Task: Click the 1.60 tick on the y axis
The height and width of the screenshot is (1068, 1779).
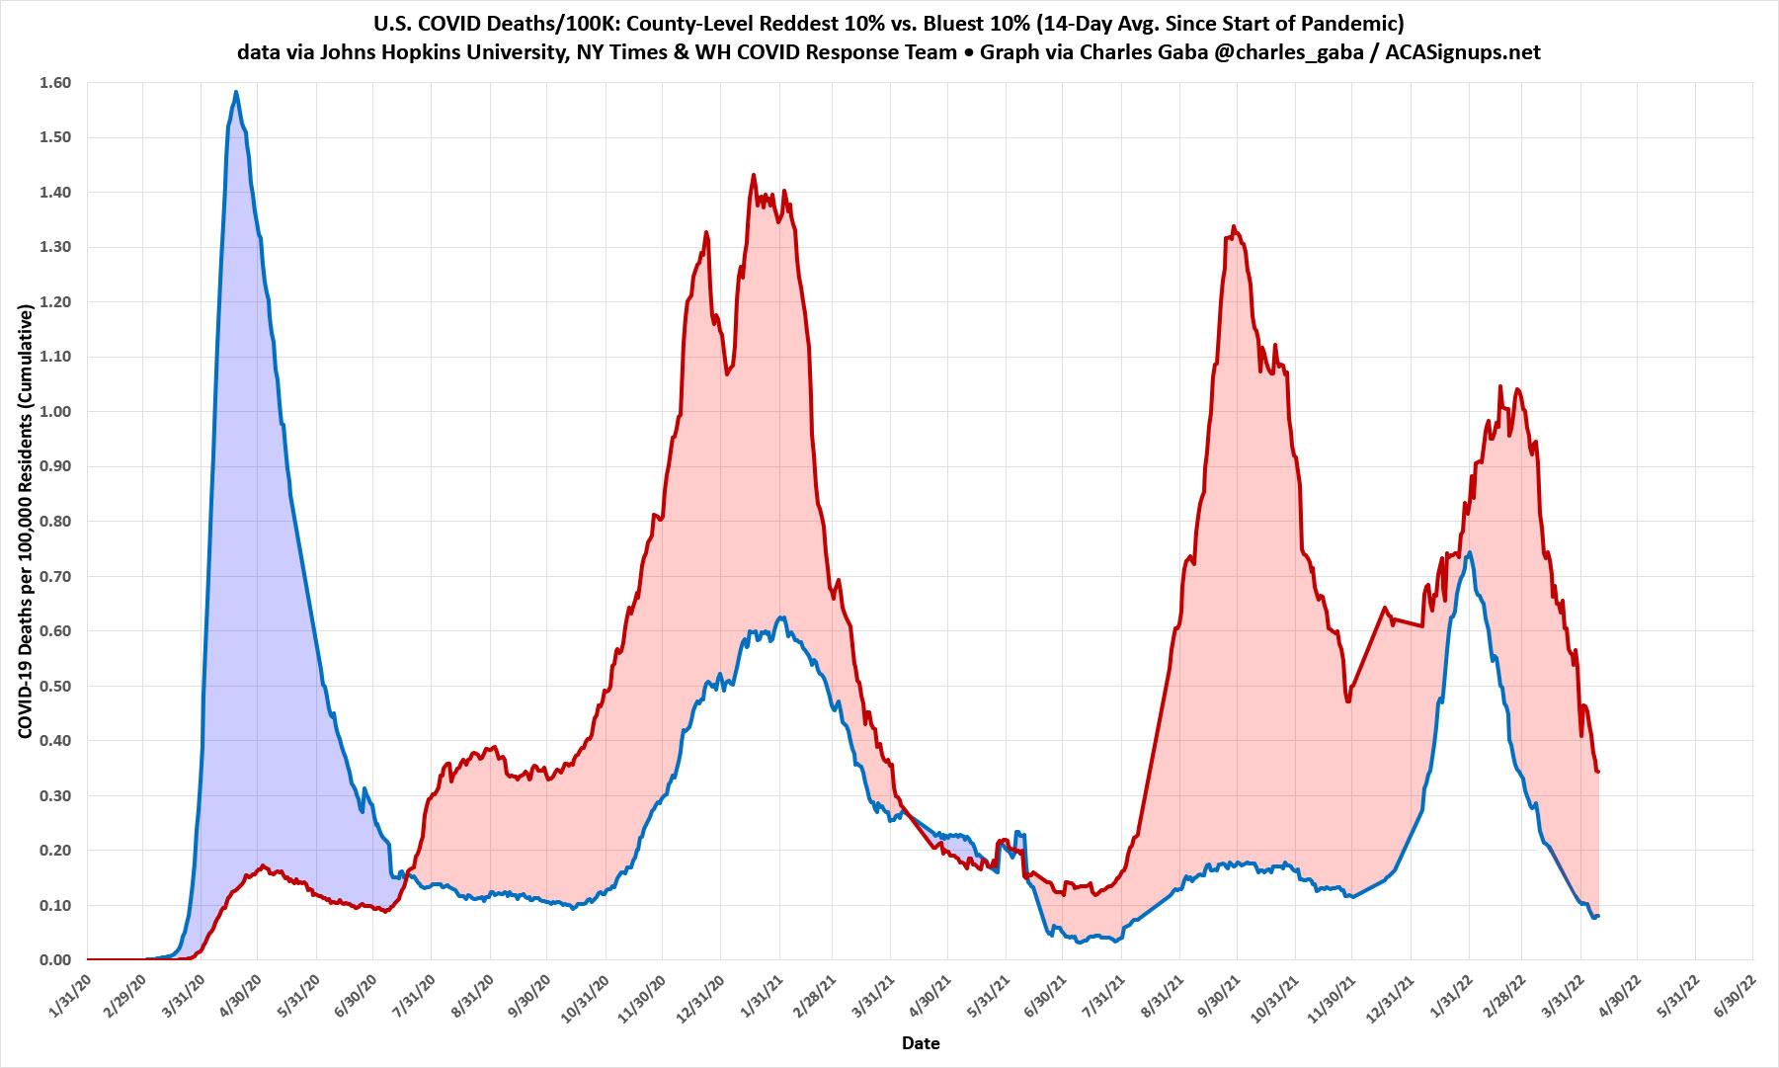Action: point(56,83)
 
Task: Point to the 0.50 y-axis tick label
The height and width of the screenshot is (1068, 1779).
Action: point(56,686)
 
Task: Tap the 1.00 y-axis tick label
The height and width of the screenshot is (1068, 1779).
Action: point(56,411)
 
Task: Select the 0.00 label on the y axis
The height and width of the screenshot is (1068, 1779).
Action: point(56,960)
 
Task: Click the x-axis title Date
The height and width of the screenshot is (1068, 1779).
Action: point(920,1043)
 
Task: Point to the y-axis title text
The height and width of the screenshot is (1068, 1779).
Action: point(24,521)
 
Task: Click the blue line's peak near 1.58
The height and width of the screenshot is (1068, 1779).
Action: point(236,92)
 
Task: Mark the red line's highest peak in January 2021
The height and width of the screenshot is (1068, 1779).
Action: point(754,175)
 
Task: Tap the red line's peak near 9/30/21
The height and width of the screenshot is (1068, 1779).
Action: point(1234,226)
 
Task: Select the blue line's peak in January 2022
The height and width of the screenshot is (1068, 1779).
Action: point(1470,552)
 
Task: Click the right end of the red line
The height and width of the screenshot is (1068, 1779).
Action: point(1597,772)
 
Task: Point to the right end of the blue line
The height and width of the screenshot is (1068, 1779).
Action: point(1597,916)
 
